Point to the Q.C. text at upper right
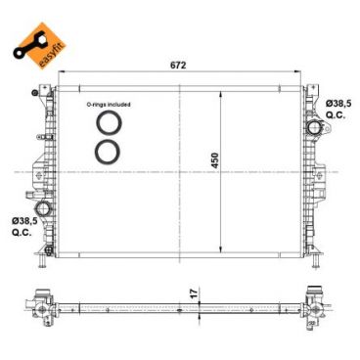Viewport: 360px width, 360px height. pyautogui.click(x=336, y=114)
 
